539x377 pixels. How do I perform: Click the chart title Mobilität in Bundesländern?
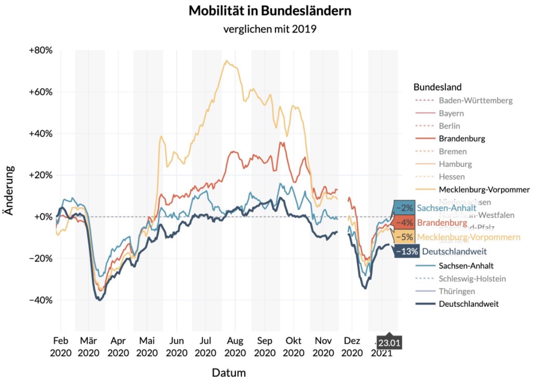[x=269, y=10]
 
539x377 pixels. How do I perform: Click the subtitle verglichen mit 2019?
[x=269, y=29]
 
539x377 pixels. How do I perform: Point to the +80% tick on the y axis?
[x=40, y=50]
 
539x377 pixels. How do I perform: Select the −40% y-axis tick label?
[x=40, y=300]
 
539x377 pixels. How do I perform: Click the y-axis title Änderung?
[x=9, y=190]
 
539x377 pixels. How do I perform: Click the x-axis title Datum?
[x=229, y=372]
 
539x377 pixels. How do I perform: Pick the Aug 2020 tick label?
[x=235, y=346]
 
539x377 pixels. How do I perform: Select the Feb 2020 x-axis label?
[x=60, y=346]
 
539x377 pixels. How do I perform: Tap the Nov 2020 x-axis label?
[x=323, y=346]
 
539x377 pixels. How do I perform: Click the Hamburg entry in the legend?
[x=455, y=164]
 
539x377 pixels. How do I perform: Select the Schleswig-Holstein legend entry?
[x=472, y=278]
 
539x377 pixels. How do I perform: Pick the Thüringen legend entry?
[x=456, y=291]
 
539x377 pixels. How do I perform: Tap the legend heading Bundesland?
[x=438, y=87]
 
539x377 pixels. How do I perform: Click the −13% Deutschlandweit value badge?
[x=406, y=252]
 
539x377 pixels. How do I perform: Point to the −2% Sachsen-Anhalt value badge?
[x=404, y=208]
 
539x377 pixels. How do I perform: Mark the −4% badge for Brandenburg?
[x=404, y=223]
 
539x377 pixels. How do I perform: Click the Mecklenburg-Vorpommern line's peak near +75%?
[x=227, y=61]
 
